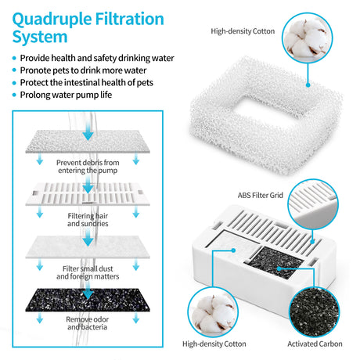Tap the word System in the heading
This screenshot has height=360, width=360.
click(37, 36)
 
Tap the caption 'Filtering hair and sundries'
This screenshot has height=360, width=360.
click(88, 219)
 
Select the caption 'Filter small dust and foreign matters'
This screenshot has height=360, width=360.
click(88, 272)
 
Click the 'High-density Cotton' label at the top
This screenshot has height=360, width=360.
click(243, 32)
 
